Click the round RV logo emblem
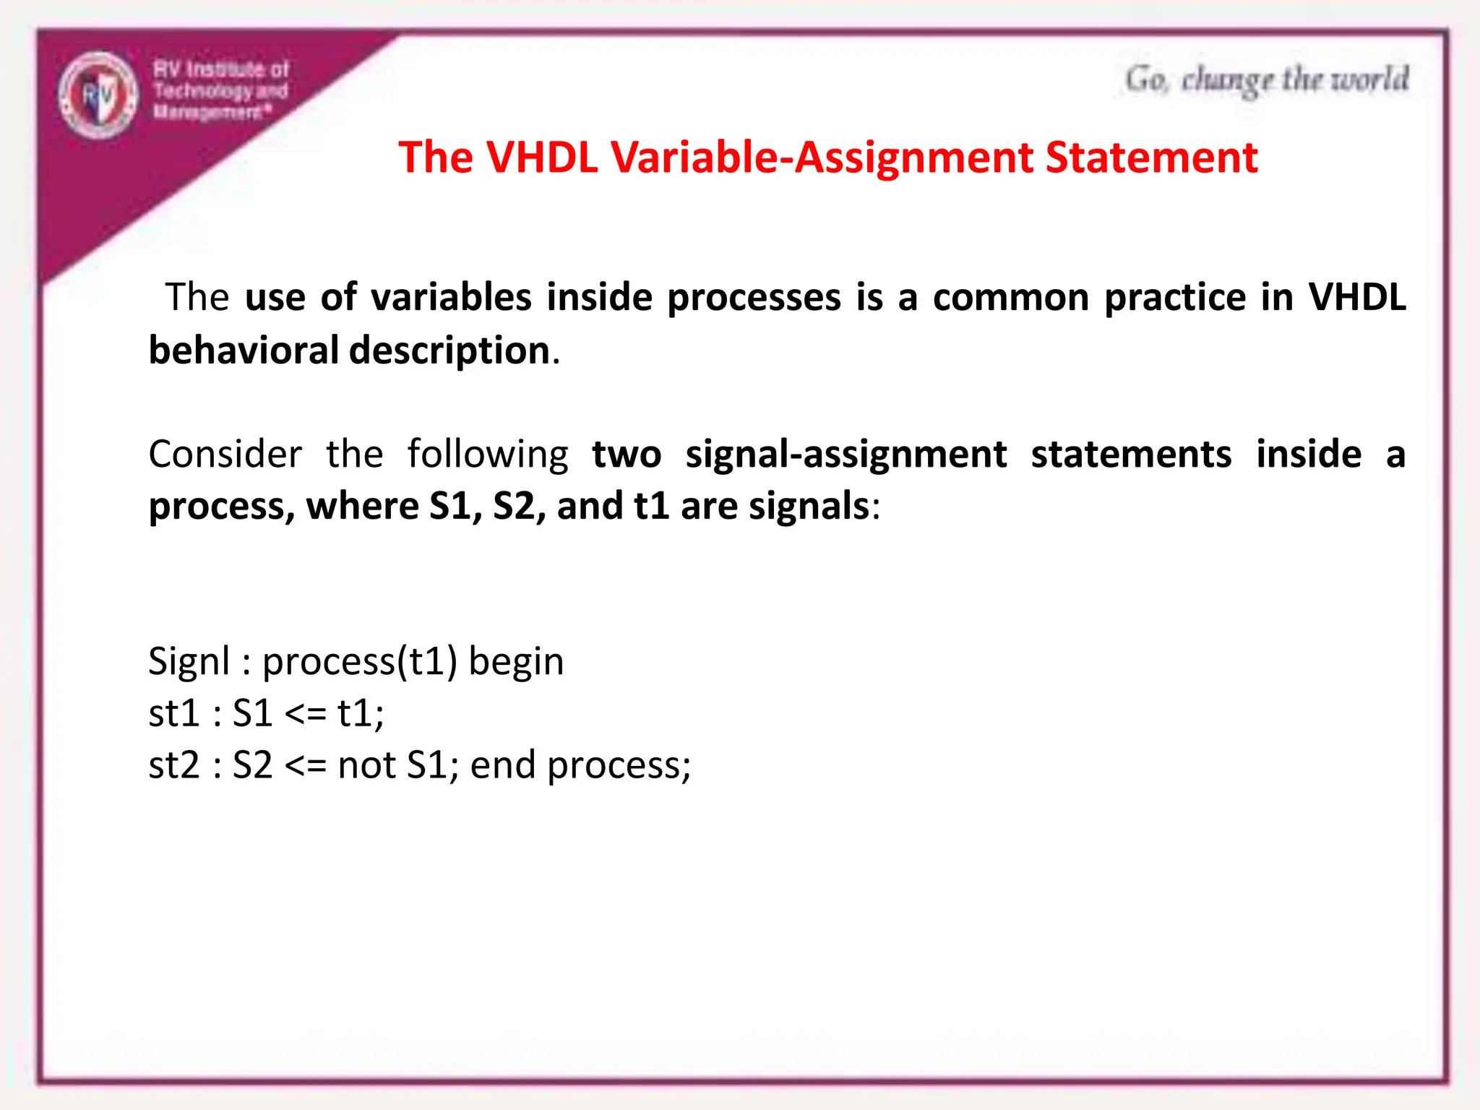(x=98, y=95)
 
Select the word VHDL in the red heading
(x=542, y=157)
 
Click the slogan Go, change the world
(x=1266, y=80)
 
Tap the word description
(x=449, y=350)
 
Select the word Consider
(x=225, y=455)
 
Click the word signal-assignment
(x=846, y=455)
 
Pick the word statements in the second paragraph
(x=1131, y=455)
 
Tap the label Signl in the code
(x=189, y=661)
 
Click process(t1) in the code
(x=359, y=661)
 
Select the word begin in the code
(x=516, y=661)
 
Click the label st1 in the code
(x=173, y=713)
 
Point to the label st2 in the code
(x=173, y=765)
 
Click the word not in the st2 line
(x=366, y=765)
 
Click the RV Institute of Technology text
(x=220, y=79)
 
